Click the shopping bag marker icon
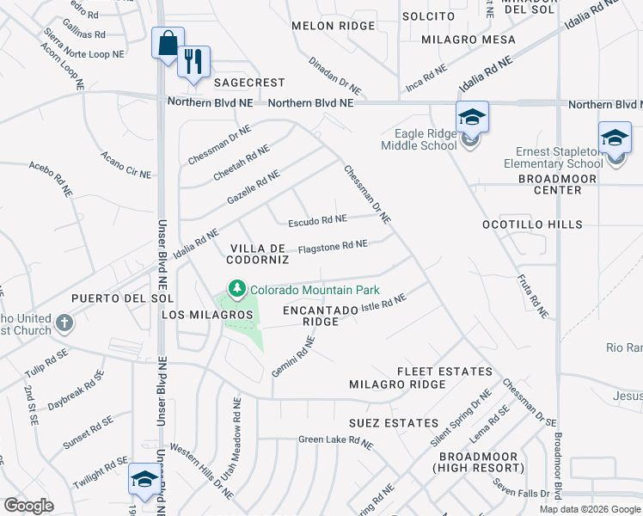click(168, 42)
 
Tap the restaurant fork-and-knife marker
click(193, 61)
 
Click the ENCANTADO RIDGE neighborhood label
click(319, 315)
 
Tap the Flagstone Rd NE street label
click(333, 247)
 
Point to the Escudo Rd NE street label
click(317, 220)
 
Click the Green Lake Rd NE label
click(335, 441)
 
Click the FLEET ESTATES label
click(444, 372)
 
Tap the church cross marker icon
click(63, 324)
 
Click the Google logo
click(28, 506)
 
